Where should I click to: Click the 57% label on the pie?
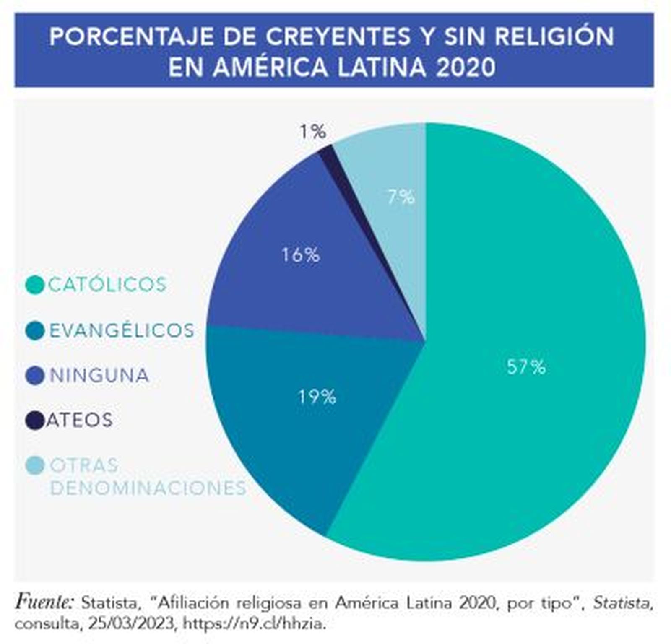point(526,367)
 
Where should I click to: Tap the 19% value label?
point(317,396)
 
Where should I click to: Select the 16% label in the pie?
point(301,254)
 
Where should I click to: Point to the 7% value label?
point(401,197)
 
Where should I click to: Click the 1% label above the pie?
point(313,132)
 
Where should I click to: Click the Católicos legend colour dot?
point(35,285)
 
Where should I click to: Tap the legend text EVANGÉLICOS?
point(122,330)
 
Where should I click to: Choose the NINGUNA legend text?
point(99,375)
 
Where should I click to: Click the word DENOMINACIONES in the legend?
point(148,488)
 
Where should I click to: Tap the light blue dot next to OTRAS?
point(35,465)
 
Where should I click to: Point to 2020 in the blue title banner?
point(466,67)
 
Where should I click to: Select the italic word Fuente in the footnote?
point(44,602)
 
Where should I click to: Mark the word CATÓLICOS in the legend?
point(108,285)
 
